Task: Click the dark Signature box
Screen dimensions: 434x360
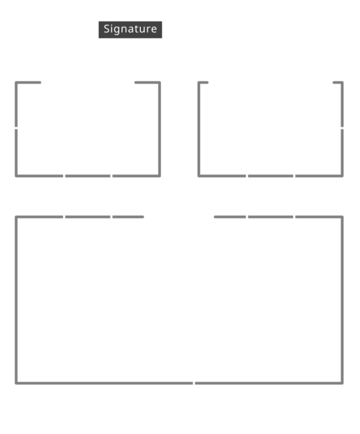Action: (130, 29)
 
